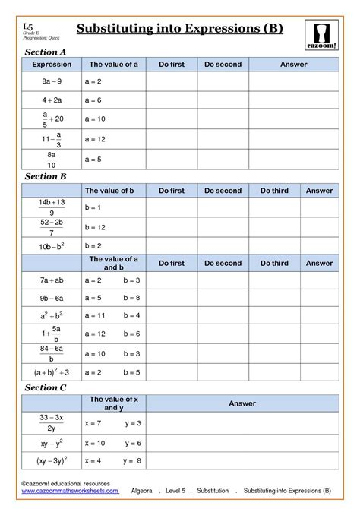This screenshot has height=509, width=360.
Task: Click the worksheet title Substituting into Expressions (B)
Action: (179, 29)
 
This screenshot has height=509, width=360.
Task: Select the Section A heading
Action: (46, 52)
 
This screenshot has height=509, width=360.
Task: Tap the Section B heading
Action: (46, 176)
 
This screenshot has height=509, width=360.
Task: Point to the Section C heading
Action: (46, 387)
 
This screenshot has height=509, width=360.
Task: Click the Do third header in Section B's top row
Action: (274, 191)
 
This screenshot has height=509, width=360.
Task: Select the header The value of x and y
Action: (113, 403)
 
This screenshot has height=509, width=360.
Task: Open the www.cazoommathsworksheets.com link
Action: (69, 491)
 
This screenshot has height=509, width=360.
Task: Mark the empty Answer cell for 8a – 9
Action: (293, 81)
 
